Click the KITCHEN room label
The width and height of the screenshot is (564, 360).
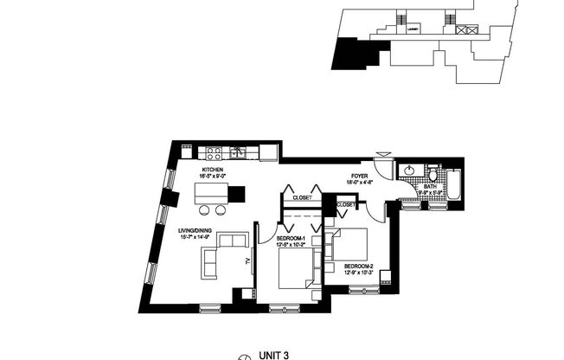tap(213, 170)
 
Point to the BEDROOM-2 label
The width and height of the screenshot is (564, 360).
tap(358, 266)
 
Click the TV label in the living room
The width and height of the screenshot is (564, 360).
tap(247, 260)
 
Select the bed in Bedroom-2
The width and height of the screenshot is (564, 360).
tap(346, 245)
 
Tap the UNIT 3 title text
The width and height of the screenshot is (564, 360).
tap(272, 354)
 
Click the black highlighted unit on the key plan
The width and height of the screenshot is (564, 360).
tap(356, 55)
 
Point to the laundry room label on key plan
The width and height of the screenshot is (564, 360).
tap(414, 29)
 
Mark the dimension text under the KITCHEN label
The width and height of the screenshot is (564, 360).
tap(213, 177)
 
